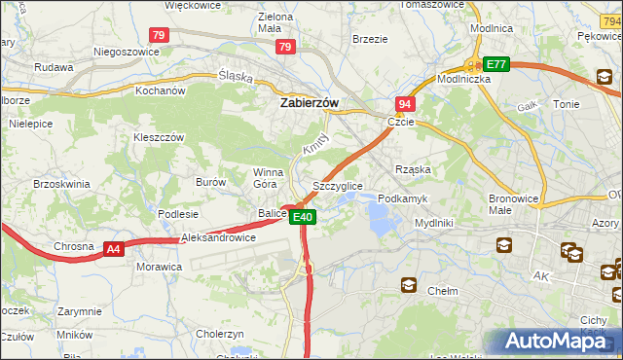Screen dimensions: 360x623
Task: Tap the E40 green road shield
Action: pos(303,217)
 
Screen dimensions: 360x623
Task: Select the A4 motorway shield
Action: pos(114,249)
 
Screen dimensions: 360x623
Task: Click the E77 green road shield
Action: pos(496,64)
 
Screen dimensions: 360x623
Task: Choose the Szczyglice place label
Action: pos(338,185)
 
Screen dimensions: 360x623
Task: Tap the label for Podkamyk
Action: pos(402,198)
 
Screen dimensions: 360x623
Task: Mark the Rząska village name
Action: pos(413,168)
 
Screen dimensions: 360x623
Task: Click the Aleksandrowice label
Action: pos(218,237)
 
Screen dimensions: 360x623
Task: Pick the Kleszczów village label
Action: pos(159,137)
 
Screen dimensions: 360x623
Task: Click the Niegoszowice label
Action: pos(126,52)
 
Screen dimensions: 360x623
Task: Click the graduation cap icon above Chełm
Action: pos(410,285)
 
